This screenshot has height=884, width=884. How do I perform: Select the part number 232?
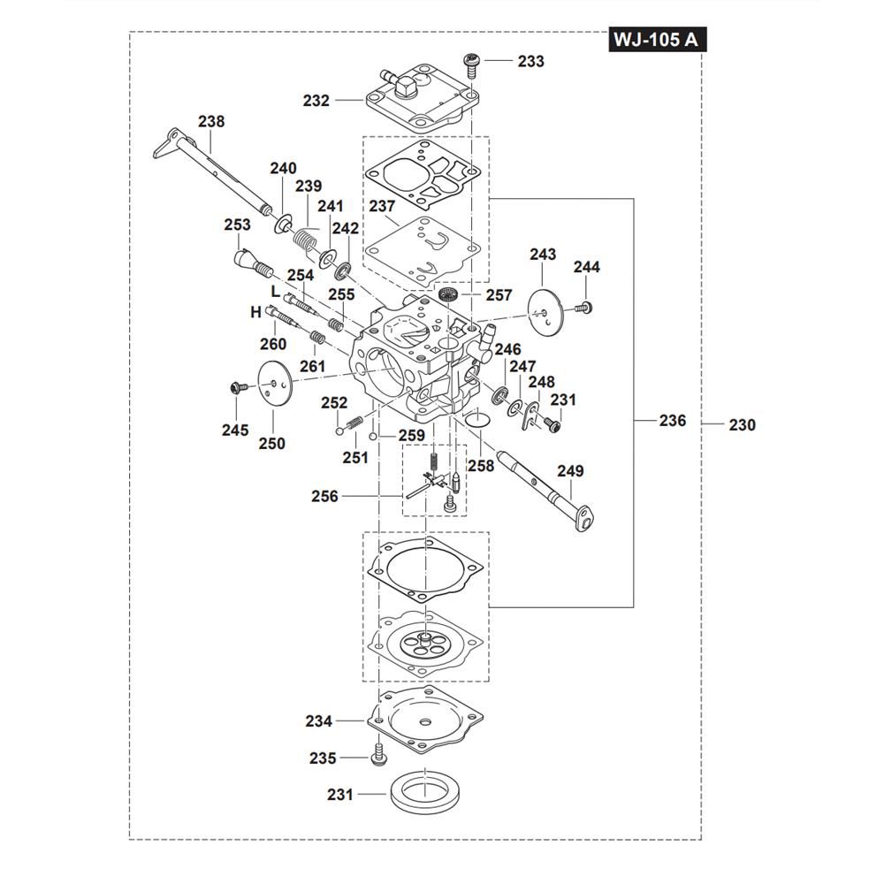click(x=316, y=101)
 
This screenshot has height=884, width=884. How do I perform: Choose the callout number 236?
click(x=673, y=421)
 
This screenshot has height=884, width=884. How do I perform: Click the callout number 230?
click(x=743, y=425)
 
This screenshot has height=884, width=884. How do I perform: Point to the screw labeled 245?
click(x=235, y=387)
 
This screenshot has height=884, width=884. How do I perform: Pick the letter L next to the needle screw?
click(x=275, y=292)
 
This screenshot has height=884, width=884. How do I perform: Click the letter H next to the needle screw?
click(x=255, y=312)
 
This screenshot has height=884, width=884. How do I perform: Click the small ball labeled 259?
click(x=375, y=436)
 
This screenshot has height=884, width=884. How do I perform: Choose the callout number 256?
click(x=324, y=497)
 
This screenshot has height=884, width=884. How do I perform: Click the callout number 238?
click(x=211, y=122)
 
